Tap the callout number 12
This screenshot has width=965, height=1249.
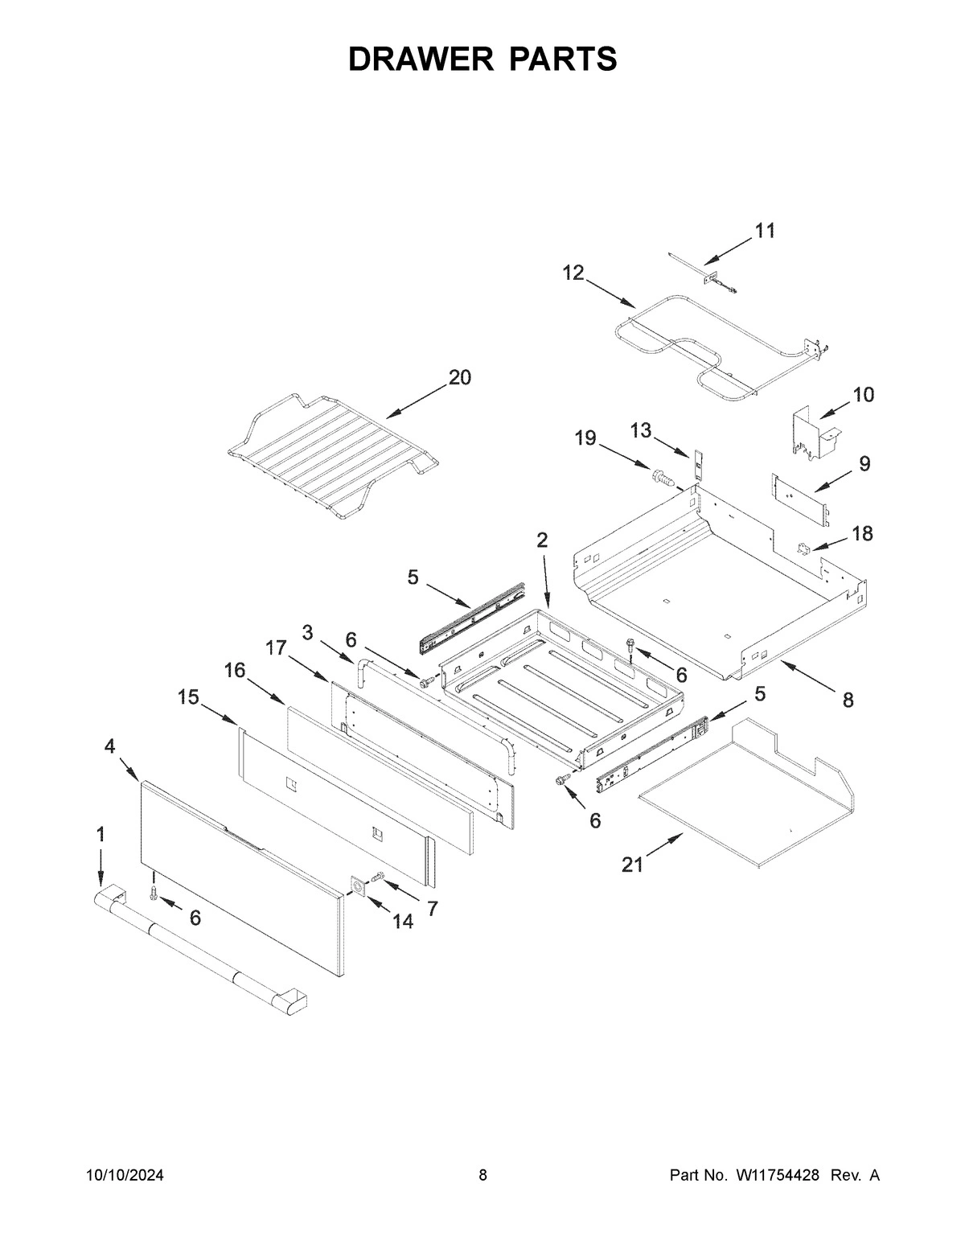573,273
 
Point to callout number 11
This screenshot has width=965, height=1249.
765,231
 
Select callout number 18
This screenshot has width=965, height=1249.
862,533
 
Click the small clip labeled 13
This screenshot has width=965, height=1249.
698,463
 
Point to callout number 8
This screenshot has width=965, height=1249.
848,701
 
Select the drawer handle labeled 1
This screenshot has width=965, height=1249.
201,949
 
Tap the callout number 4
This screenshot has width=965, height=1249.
109,746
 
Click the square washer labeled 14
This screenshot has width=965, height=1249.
357,885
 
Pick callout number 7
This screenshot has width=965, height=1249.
432,909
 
